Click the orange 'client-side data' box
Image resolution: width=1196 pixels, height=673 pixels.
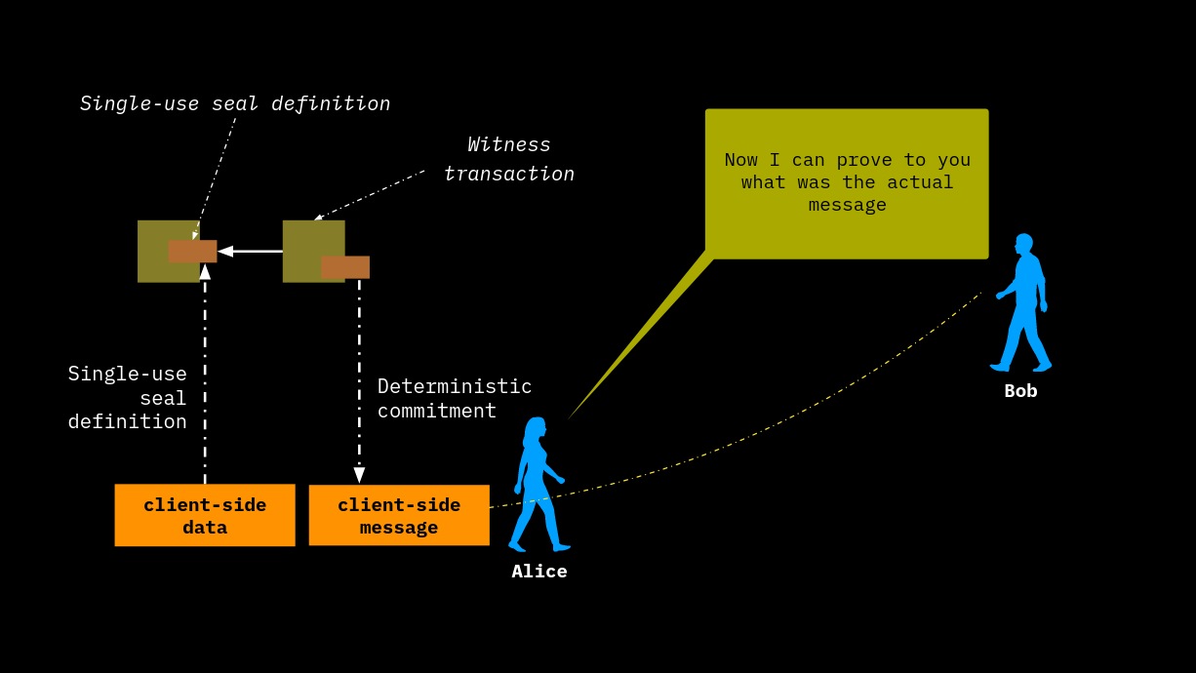pos(205,515)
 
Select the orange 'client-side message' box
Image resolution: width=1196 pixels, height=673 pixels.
pos(399,515)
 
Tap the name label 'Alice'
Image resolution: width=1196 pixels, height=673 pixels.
pos(539,572)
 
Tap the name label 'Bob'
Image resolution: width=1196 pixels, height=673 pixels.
pos(1020,391)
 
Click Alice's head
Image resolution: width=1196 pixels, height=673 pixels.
pos(536,428)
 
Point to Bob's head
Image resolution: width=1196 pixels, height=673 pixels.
pos(1023,243)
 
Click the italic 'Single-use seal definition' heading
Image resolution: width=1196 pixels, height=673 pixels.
pos(235,103)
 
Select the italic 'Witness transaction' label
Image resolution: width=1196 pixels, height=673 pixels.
pos(509,159)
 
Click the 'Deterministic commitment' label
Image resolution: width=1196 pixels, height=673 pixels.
pos(455,398)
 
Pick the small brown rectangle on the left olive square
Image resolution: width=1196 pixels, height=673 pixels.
pos(192,252)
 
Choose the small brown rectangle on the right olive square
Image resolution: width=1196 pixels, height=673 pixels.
pos(345,267)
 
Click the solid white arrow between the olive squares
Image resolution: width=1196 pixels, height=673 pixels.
pos(250,252)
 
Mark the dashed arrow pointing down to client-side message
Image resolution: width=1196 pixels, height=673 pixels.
pos(359,380)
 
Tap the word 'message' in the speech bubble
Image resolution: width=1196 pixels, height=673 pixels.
pos(847,205)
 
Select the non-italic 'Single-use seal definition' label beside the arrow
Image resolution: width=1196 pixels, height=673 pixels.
pos(128,398)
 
